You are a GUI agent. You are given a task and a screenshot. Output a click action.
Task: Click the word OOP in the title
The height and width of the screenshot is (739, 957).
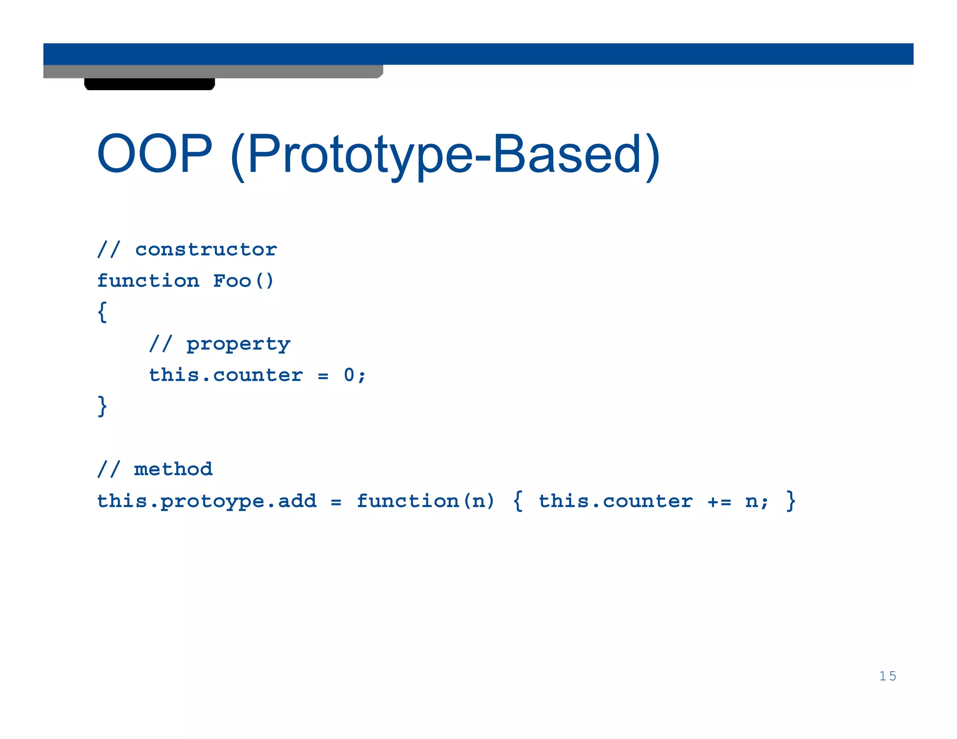coord(154,154)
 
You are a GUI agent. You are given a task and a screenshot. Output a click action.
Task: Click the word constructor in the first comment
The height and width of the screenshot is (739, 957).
coord(206,249)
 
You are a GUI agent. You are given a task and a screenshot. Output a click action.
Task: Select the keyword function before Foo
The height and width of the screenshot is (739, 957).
coord(148,281)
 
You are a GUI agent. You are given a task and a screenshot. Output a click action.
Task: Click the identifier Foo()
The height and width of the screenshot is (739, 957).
coord(243,281)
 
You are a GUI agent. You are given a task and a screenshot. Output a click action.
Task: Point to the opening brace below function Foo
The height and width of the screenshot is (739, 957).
coord(102,312)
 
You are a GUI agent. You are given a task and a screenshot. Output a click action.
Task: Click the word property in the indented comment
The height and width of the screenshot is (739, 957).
coord(238,344)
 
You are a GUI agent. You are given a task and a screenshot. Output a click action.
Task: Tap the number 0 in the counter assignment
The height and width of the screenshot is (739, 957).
coord(349,375)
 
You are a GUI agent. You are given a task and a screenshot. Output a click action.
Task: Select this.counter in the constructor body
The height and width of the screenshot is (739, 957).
coord(226,375)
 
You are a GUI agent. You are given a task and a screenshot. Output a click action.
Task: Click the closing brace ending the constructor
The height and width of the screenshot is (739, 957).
coord(102,405)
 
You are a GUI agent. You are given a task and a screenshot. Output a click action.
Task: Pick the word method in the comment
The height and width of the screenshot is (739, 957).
coord(173,469)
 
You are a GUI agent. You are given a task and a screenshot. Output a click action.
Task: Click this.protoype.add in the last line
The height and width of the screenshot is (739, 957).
coord(207,501)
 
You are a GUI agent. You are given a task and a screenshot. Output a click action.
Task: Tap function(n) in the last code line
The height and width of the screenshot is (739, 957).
coord(425,501)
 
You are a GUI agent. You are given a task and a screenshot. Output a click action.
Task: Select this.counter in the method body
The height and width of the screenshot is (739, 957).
coord(615,501)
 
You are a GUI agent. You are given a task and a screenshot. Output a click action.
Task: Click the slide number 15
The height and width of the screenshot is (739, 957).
coord(887,676)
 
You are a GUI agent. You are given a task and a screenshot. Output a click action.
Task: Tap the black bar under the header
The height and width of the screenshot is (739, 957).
coord(150,84)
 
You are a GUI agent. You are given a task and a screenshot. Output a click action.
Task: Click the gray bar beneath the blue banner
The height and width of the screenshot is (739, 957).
coord(213,71)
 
